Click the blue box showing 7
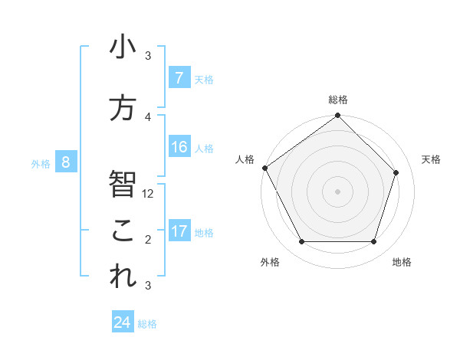tap(179, 78)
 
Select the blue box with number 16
tap(179, 147)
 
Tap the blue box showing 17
tap(179, 231)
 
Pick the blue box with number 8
tap(66, 162)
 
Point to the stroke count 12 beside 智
tap(149, 194)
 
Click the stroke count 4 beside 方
tap(148, 117)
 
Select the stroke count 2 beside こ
tap(148, 240)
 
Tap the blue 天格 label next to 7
tap(204, 79)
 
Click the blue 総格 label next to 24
tap(148, 324)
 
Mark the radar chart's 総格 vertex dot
tap(338, 116)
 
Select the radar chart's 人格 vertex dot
tap(265, 168)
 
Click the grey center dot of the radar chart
tap(338, 191)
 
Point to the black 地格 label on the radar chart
tap(402, 262)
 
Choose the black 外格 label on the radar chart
tap(270, 262)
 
